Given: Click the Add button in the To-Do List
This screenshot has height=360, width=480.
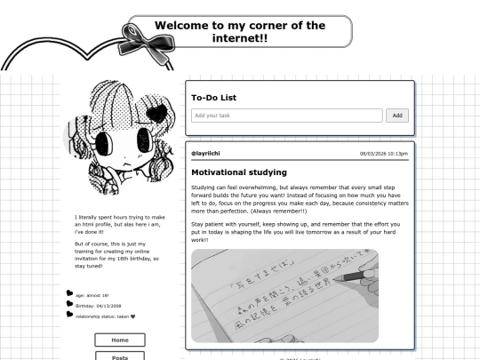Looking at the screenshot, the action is pos(398,116).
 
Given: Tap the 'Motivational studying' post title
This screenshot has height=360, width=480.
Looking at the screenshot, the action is pos(238,172).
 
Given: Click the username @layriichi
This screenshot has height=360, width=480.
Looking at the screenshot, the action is pos(204,154).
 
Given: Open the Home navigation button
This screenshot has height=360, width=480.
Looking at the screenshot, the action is pos(119,340).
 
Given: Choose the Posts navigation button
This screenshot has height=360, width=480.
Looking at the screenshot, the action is pos(119,356).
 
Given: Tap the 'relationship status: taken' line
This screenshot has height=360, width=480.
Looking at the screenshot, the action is pos(105,315).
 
